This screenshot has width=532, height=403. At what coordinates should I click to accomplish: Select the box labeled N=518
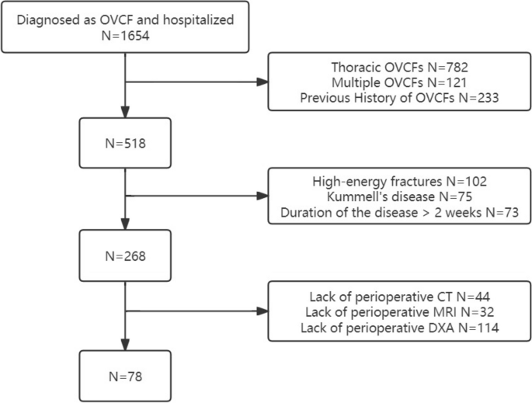point(125,144)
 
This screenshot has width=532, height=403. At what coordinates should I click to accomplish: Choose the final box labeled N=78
point(125,376)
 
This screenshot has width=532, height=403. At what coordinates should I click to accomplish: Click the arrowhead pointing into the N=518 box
point(125,118)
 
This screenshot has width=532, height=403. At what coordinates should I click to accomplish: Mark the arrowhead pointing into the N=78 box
point(125,349)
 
